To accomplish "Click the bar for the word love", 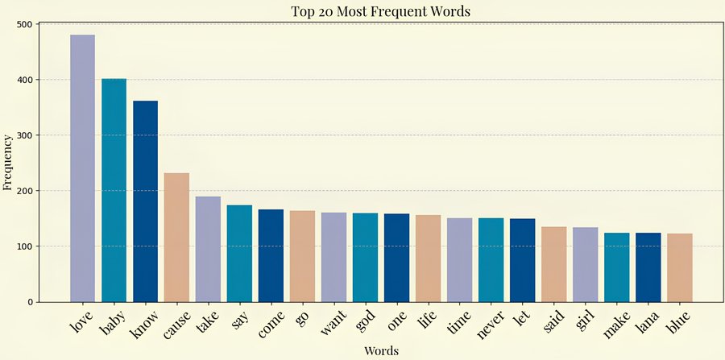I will [x=82, y=168].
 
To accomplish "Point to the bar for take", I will [x=208, y=249].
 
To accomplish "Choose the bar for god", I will [x=365, y=257].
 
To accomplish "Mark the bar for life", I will [x=428, y=259].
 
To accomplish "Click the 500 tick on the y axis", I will [x=23, y=24].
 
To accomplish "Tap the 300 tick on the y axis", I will [x=23, y=135].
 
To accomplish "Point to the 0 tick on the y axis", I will [x=29, y=302].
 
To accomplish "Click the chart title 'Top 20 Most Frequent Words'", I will [x=380, y=11].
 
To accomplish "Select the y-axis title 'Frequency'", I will [x=9, y=163].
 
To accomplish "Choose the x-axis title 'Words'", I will [x=380, y=350].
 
